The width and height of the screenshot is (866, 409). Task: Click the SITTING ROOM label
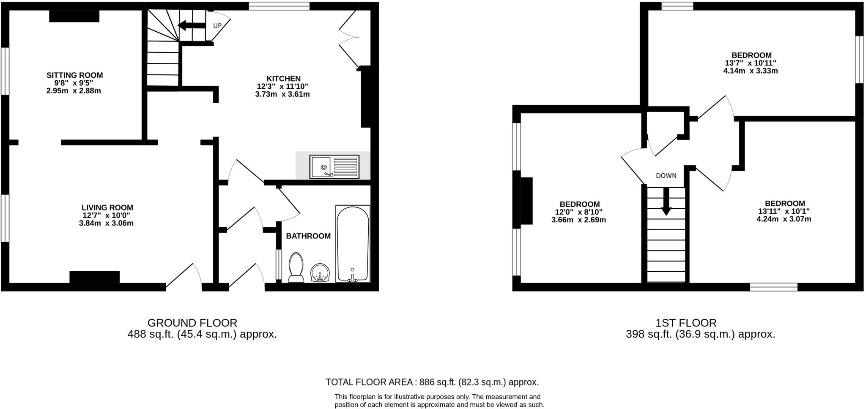pyautogui.click(x=74, y=75)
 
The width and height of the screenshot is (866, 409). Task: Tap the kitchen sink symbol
pyautogui.click(x=334, y=166)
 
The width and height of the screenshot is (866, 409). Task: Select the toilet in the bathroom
pyautogui.click(x=296, y=267)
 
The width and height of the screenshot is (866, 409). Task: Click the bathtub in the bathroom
pyautogui.click(x=353, y=244)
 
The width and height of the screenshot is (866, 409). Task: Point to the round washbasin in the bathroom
pyautogui.click(x=320, y=273)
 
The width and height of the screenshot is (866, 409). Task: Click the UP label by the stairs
pyautogui.click(x=217, y=26)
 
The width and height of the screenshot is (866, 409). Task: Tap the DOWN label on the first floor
pyautogui.click(x=666, y=176)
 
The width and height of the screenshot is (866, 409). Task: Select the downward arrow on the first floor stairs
pyautogui.click(x=666, y=202)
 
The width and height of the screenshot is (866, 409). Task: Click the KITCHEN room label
pyautogui.click(x=283, y=79)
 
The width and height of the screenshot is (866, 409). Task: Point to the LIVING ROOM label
pyautogui.click(x=107, y=207)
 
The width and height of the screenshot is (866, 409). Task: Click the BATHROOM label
pyautogui.click(x=308, y=236)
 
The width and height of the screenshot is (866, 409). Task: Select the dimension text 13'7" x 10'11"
pyautogui.click(x=751, y=63)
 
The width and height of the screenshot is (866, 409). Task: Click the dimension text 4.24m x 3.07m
pyautogui.click(x=784, y=219)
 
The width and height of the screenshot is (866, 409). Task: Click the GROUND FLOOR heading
pyautogui.click(x=192, y=323)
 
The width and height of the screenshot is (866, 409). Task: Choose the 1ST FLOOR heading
pyautogui.click(x=686, y=323)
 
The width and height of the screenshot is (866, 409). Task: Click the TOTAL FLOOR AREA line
pyautogui.click(x=432, y=382)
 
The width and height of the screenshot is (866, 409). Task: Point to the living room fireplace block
pyautogui.click(x=94, y=277)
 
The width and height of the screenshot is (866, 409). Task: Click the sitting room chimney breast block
pyautogui.click(x=74, y=16)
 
